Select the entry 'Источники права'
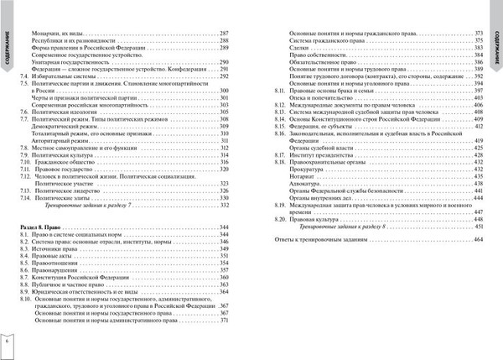[x=55, y=249]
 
